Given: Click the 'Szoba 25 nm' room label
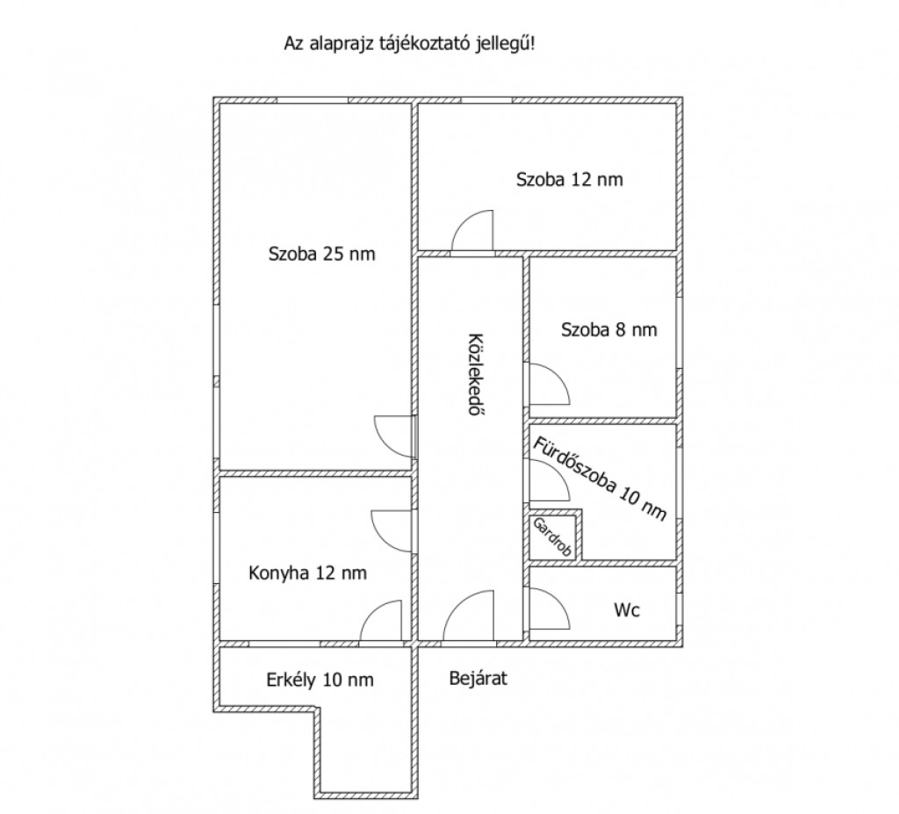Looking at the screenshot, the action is [x=321, y=254].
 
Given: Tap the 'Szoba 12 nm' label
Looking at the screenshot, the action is [x=569, y=179].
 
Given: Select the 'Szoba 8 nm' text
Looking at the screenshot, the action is [x=609, y=330].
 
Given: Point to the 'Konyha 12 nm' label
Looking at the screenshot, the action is [x=308, y=573].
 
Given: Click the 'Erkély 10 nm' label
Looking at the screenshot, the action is [x=320, y=680].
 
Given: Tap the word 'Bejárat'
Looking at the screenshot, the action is [x=478, y=679].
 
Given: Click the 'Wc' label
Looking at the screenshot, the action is [x=627, y=609].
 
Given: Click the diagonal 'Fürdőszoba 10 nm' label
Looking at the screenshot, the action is [x=601, y=479].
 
